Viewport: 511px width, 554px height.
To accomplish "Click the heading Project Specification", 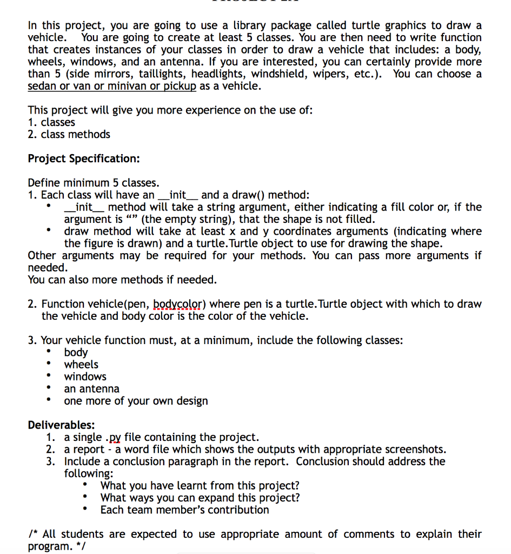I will click(x=84, y=159).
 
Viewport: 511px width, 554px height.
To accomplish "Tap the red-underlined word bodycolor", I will click(x=179, y=304).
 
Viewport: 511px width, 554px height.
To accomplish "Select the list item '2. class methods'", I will click(x=69, y=134).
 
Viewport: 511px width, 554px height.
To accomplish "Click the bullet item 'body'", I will click(x=76, y=352).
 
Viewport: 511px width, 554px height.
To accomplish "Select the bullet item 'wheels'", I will click(x=81, y=365).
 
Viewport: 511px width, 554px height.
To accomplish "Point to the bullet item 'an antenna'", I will click(x=91, y=388).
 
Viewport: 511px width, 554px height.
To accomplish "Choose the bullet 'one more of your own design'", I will click(x=136, y=401).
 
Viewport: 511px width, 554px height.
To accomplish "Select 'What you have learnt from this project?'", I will click(x=200, y=485).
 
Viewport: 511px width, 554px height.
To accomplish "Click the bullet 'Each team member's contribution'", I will click(x=184, y=510).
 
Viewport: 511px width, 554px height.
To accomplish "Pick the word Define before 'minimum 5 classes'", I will click(x=45, y=183).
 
